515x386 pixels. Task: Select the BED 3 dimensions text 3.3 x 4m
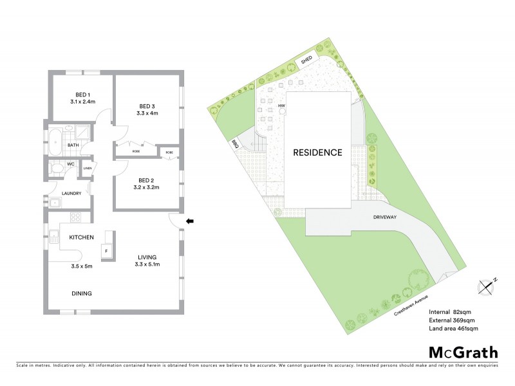click(147, 113)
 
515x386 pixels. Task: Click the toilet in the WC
click(58, 169)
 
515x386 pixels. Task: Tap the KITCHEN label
click(82, 237)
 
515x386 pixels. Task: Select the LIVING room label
click(147, 257)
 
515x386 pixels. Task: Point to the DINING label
click(82, 293)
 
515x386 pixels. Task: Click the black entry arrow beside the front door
click(190, 222)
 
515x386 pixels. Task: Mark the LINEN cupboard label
click(86, 169)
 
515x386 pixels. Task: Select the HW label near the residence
click(281, 106)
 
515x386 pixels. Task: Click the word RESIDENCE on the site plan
click(317, 152)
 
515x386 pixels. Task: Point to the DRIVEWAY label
click(384, 217)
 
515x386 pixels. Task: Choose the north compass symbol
click(486, 285)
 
